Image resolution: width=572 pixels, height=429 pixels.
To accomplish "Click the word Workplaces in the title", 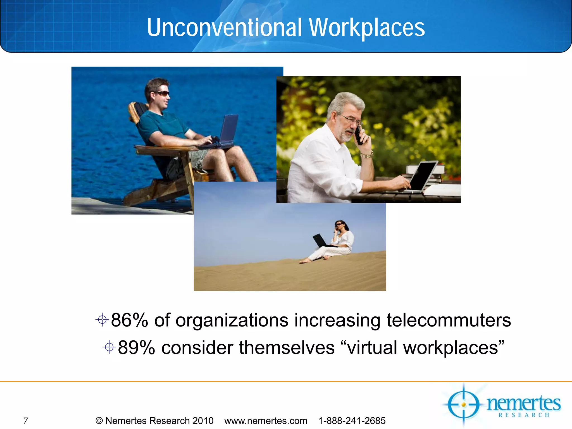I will click(366, 28).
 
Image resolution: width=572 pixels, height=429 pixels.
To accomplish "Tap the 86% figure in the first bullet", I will click(129, 320).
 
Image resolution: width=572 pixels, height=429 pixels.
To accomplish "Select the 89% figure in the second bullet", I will click(136, 348).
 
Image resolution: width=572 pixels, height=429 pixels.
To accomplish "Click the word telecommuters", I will click(449, 320).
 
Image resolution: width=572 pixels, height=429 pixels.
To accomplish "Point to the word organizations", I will click(232, 320).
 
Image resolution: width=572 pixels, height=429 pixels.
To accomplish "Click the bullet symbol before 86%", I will click(102, 320).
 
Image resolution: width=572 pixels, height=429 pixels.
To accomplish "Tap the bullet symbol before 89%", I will click(109, 347).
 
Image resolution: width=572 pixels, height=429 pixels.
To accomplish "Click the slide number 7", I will click(26, 420).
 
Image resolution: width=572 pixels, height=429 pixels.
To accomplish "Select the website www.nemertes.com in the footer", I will click(266, 421).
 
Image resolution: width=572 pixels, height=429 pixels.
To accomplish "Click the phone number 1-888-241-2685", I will click(352, 421).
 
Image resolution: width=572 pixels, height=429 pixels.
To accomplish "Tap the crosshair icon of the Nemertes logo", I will click(463, 404).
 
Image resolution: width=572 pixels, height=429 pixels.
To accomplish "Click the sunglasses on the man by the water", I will click(162, 94).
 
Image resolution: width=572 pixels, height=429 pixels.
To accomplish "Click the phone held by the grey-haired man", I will click(359, 135).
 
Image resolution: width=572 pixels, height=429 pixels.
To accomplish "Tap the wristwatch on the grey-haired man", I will click(367, 155).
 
